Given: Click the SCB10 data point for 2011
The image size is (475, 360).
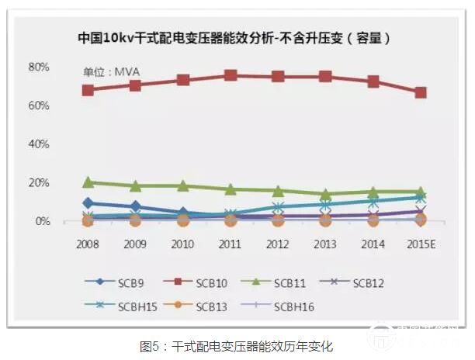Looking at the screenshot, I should point(231,75).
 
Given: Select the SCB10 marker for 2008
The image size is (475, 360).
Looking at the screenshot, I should point(88,90).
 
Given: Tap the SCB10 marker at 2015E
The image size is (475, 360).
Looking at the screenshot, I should point(420,92).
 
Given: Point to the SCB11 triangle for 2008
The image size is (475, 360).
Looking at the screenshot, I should point(88,182).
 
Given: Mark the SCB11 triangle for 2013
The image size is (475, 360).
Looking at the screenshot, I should point(325,194).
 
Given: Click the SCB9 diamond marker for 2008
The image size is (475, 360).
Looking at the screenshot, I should point(88,203).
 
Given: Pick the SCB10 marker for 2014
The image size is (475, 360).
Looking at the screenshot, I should point(373,81).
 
